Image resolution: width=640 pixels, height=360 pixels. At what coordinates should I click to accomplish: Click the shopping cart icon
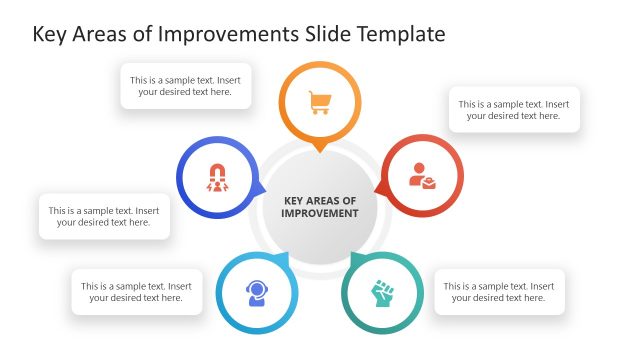(x=320, y=102)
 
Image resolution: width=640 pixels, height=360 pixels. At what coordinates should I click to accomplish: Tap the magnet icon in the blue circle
(x=217, y=177)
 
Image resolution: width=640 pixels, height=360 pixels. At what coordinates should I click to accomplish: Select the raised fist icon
(x=383, y=294)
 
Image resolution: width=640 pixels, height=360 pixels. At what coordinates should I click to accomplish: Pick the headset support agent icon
(x=257, y=294)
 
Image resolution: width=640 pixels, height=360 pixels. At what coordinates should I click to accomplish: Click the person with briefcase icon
(x=422, y=177)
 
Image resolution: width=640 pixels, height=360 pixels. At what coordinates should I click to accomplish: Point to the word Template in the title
(x=397, y=34)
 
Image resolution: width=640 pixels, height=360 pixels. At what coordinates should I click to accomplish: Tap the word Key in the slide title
(x=50, y=34)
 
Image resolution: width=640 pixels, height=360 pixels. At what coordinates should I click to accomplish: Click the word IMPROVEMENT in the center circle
(x=320, y=214)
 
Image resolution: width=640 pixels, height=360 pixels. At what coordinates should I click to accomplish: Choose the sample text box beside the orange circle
(x=185, y=85)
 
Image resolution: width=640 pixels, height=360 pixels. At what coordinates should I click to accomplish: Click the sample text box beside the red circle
(x=515, y=109)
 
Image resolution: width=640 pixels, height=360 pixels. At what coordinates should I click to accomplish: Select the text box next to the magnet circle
(x=104, y=216)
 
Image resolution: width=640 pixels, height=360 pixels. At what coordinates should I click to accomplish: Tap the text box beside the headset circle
(x=136, y=291)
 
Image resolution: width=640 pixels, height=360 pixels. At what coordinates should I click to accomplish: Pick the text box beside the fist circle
(x=499, y=291)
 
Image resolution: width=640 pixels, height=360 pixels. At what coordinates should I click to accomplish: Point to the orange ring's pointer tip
(x=320, y=149)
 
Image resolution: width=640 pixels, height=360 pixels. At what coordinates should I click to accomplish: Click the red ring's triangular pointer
(x=379, y=187)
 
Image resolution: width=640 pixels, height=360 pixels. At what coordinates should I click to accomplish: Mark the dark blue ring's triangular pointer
(x=261, y=187)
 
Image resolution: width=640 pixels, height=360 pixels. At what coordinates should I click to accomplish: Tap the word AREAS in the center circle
(x=320, y=201)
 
